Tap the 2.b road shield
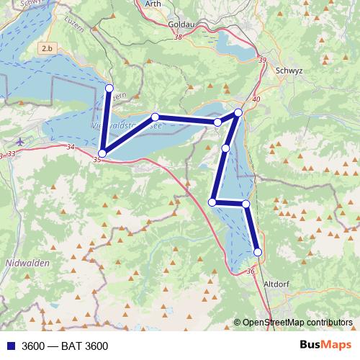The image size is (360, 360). [x=48, y=48]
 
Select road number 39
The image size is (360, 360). [x=261, y=60]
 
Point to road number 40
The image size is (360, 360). [x=256, y=99]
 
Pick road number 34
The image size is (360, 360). [x=70, y=147]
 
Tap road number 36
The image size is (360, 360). [x=251, y=271]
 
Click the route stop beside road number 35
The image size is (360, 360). [x=102, y=153]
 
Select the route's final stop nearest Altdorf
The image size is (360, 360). [x=258, y=252]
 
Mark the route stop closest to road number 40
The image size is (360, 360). [x=239, y=112]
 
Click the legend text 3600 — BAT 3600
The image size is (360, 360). [x=65, y=346]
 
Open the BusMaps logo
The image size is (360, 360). [x=325, y=346]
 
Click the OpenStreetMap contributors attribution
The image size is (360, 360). [x=297, y=323]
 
